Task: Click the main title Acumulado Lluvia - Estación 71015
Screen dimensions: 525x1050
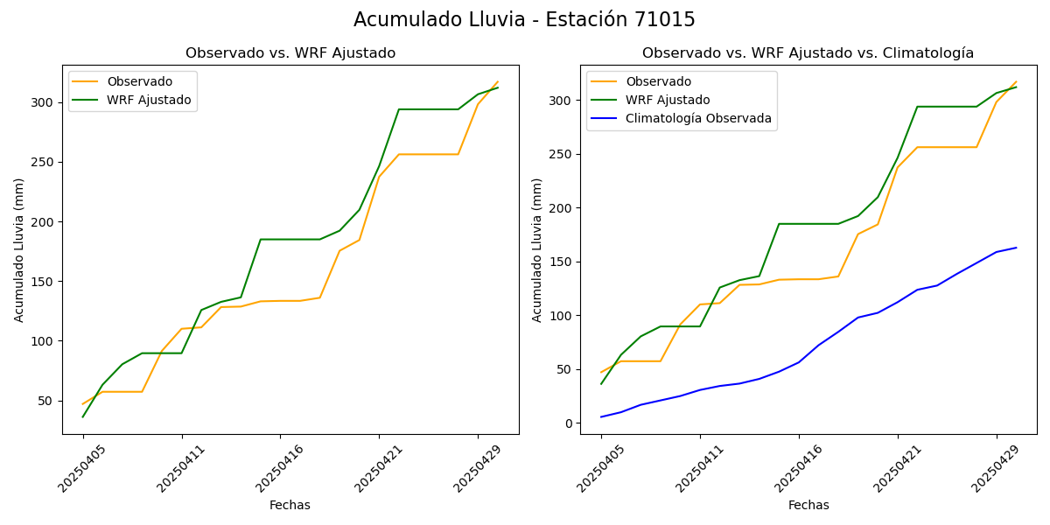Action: [x=524, y=20]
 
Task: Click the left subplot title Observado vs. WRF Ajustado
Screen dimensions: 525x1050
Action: [x=290, y=53]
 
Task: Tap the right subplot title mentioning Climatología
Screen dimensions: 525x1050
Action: [x=808, y=53]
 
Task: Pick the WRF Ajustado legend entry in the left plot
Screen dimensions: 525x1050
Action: [x=149, y=100]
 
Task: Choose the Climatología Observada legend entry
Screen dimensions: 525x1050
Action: [x=698, y=119]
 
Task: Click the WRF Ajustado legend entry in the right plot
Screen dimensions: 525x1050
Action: [x=668, y=100]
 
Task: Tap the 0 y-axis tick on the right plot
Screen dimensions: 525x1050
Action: [x=569, y=423]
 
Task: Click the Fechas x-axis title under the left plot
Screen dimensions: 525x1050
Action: [x=290, y=505]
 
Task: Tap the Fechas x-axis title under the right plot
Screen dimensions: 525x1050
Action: [x=808, y=505]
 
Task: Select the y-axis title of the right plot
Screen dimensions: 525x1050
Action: [x=538, y=249]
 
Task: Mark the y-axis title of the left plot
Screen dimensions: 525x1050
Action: [x=19, y=249]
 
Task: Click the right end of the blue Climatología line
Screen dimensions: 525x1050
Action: [x=1016, y=248]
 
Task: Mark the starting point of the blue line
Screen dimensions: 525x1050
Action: [x=601, y=416]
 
